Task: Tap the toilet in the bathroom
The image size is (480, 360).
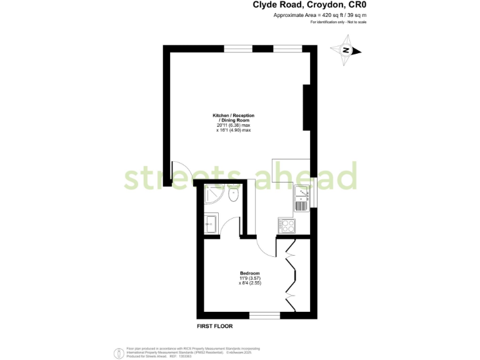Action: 233,194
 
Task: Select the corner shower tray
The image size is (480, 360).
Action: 212,196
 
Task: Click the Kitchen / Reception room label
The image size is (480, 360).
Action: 233,119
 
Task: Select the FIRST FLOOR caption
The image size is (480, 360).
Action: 215,326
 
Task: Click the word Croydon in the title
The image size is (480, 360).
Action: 323,5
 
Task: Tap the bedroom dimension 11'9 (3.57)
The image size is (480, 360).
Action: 249,278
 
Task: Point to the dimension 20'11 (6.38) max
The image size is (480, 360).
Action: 233,126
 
